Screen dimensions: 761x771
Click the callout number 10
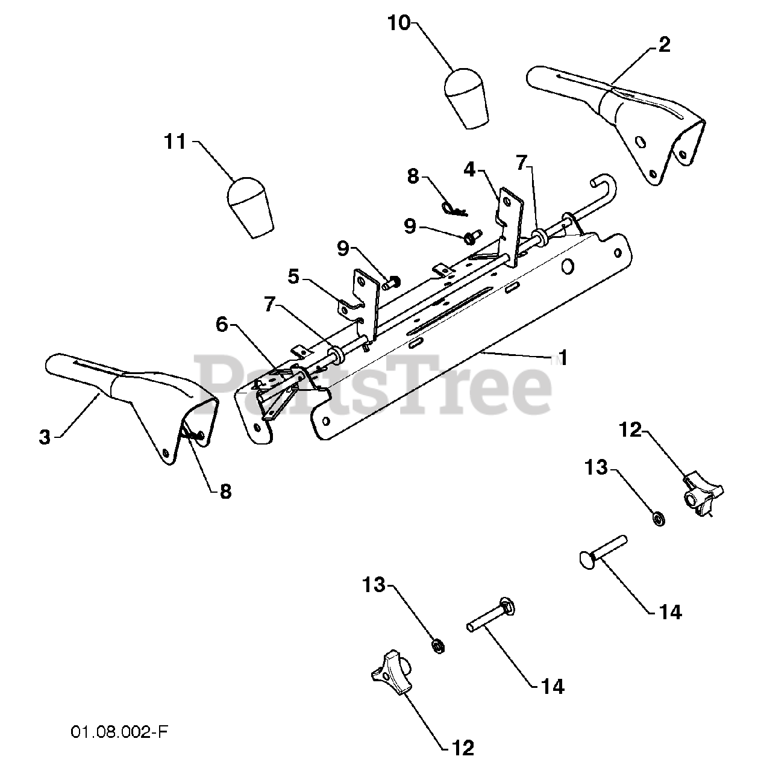click(399, 23)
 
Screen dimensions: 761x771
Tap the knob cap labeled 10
click(467, 98)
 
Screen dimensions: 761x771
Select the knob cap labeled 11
click(250, 206)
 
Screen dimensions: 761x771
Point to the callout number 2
click(663, 44)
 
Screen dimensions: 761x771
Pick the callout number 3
click(45, 437)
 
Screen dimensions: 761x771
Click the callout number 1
click(562, 358)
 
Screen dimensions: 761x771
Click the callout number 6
click(222, 325)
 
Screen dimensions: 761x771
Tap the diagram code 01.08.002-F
click(119, 732)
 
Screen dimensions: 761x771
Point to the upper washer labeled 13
click(659, 517)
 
